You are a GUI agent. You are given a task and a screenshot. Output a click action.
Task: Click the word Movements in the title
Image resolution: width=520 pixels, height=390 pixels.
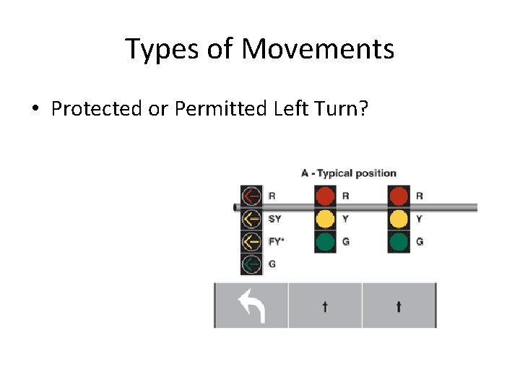tap(318, 49)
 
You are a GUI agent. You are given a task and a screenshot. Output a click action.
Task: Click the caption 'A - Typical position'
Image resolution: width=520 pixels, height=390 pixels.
tap(349, 173)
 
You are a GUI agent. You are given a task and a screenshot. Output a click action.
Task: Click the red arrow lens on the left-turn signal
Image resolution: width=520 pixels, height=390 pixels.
tap(251, 196)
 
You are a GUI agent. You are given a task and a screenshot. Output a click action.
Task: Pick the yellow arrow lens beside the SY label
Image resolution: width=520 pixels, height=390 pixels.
tap(251, 219)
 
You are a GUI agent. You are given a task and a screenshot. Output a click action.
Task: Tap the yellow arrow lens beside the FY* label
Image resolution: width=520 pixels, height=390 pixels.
tap(251, 241)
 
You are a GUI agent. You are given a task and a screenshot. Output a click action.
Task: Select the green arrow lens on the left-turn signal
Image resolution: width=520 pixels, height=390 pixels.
tap(251, 264)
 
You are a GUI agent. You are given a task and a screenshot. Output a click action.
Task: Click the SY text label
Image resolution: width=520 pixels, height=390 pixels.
tap(275, 219)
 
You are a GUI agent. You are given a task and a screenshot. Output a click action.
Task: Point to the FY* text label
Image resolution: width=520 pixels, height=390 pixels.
tap(276, 242)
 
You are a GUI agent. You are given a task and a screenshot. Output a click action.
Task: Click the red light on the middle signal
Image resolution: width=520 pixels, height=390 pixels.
tap(326, 196)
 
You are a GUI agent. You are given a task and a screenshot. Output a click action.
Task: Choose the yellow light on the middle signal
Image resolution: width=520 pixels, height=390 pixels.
tap(326, 219)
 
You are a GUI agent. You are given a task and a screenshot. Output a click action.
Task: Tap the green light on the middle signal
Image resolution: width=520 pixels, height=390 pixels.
tap(326, 241)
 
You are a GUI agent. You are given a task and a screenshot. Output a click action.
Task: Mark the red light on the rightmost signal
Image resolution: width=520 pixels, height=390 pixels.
tap(399, 196)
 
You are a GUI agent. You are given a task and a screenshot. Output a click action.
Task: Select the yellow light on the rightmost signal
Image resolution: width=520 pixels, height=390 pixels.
tap(399, 219)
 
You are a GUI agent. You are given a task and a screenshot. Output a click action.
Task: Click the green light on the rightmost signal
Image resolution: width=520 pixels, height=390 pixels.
tap(399, 241)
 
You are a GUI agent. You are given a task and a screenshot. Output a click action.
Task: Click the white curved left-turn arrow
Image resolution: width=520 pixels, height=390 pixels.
tap(252, 306)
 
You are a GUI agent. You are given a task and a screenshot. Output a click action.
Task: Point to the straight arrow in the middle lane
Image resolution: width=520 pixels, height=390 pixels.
tap(325, 306)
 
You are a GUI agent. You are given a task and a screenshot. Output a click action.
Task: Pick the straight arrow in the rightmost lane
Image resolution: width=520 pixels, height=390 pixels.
tap(399, 306)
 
